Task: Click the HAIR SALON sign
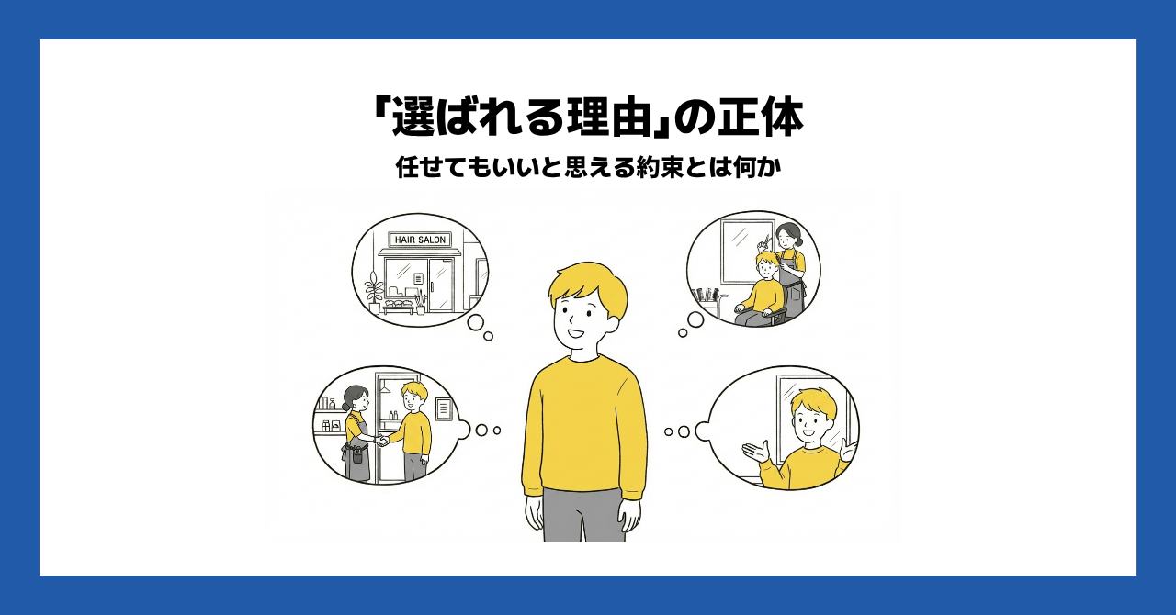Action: [420, 240]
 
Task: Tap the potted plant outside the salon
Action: [374, 293]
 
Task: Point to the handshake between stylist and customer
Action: [383, 440]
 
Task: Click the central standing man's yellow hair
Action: [588, 287]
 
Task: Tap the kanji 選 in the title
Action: [414, 118]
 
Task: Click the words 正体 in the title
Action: [760, 118]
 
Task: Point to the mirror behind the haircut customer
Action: [741, 252]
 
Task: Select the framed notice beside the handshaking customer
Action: [444, 408]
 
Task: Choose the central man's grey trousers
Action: [583, 515]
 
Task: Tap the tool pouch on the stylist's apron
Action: [357, 454]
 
